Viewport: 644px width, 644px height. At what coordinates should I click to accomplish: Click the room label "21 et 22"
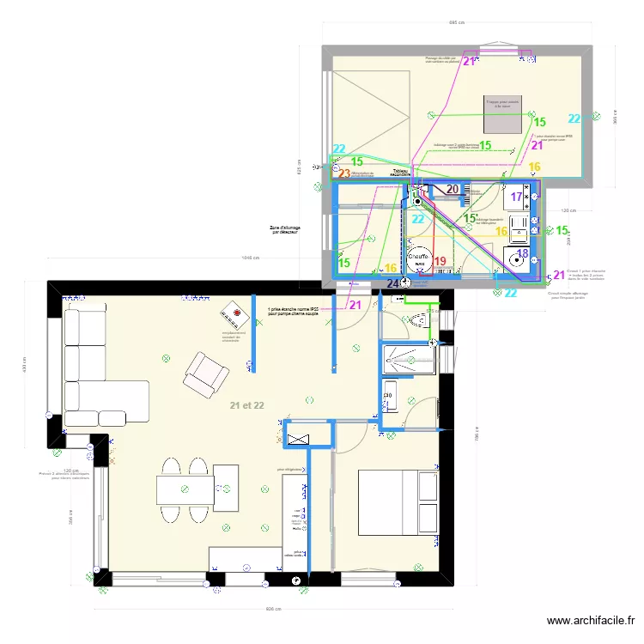point(246,404)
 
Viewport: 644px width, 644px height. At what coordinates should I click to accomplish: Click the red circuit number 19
point(440,262)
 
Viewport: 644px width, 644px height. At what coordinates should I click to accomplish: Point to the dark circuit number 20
point(452,191)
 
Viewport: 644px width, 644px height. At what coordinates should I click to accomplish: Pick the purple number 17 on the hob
point(516,197)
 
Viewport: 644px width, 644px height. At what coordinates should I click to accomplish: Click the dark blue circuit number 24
point(393,283)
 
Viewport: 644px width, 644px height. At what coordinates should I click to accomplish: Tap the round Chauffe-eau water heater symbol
point(418,258)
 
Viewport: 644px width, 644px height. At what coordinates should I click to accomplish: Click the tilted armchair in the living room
point(206,374)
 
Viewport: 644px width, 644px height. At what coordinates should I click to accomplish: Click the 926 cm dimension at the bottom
point(273,609)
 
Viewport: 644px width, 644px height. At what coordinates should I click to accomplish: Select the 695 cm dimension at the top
point(456,24)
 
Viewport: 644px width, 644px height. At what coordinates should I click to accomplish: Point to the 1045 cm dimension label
point(251,258)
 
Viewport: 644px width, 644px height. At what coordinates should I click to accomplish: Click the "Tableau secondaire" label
point(400,173)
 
